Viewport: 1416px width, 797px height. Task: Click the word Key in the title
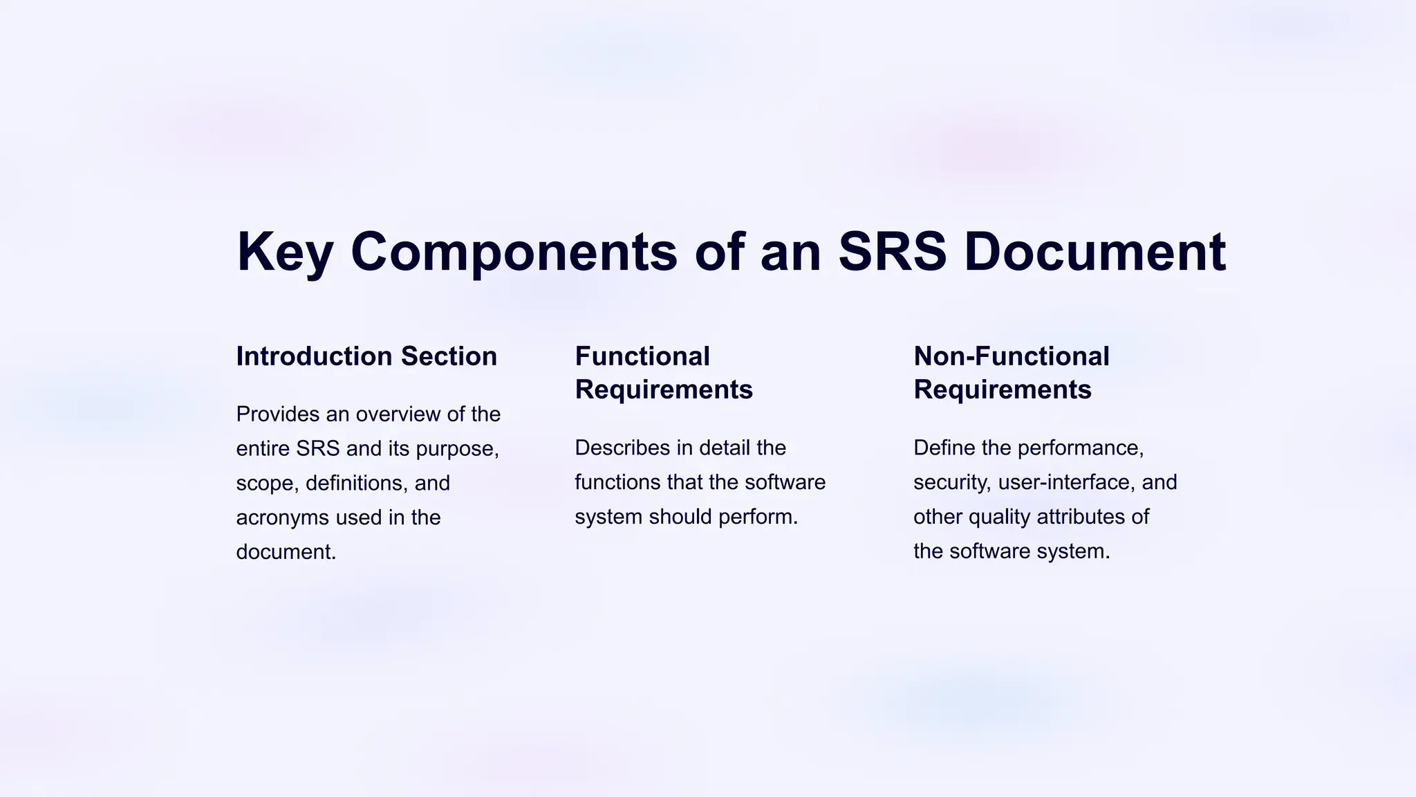(285, 253)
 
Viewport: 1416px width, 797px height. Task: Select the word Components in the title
(514, 253)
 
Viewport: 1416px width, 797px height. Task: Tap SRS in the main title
(892, 251)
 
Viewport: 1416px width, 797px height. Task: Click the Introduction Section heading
(366, 356)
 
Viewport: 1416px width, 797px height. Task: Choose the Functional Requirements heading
(663, 373)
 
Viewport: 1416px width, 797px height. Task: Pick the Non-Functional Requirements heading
(1011, 373)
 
